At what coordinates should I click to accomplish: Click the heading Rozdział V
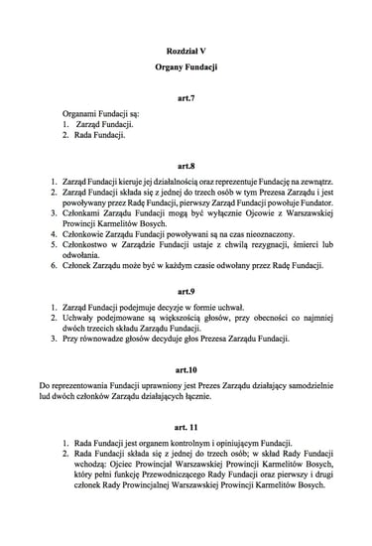click(186, 47)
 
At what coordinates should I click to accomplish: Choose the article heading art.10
click(186, 367)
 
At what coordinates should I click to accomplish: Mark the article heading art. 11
click(186, 427)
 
